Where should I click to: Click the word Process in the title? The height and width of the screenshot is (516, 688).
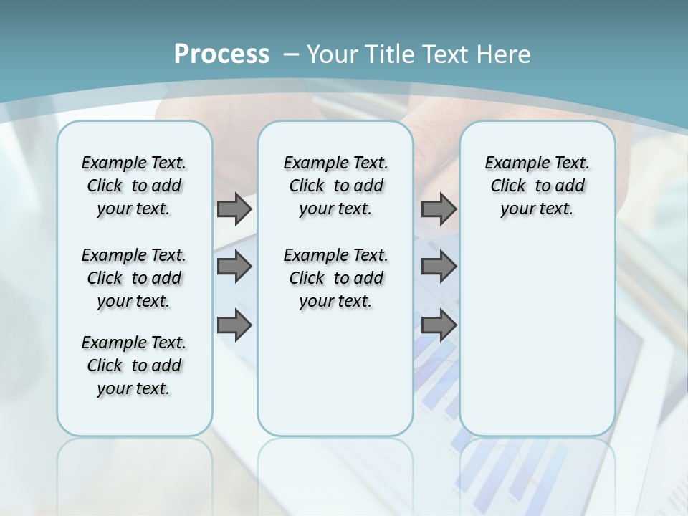(221, 54)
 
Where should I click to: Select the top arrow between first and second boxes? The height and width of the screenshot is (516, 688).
(234, 209)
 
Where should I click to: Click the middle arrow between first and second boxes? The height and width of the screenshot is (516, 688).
(234, 267)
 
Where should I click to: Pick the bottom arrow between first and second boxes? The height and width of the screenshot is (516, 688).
(234, 325)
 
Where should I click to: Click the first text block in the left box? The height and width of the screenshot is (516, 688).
(134, 186)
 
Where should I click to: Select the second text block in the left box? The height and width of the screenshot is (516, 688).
(134, 278)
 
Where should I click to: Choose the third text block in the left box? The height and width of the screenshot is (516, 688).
(134, 365)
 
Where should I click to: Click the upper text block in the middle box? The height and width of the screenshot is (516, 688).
(335, 186)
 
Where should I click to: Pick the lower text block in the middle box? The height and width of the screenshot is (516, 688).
(335, 278)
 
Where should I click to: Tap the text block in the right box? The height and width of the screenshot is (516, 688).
(537, 186)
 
